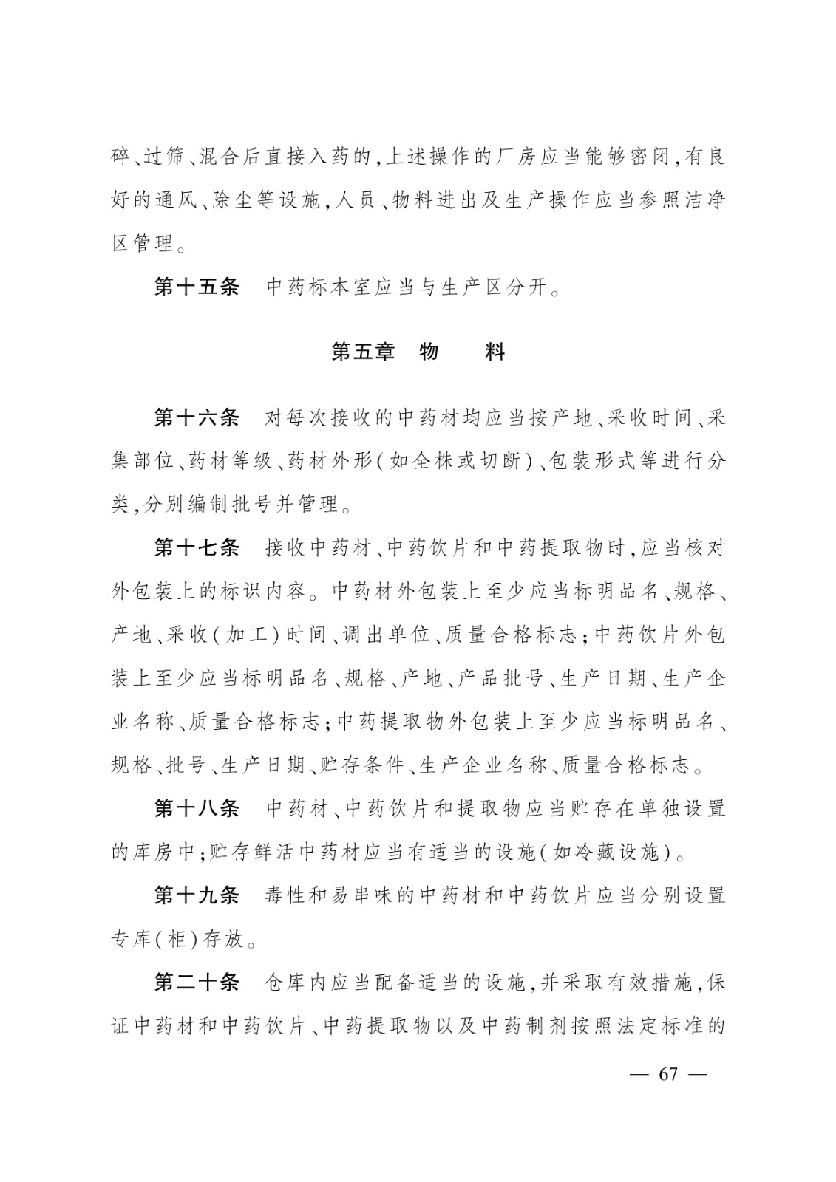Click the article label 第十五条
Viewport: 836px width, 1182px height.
[197, 287]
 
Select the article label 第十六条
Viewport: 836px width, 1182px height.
[197, 418]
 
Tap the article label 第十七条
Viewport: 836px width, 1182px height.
[197, 548]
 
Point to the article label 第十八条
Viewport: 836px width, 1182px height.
[197, 809]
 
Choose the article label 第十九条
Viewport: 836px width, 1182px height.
[197, 896]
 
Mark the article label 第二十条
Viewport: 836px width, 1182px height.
[197, 983]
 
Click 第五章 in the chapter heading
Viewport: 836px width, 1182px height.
[362, 352]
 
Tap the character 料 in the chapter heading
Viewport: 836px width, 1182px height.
[495, 352]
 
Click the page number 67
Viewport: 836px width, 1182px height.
[667, 1074]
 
